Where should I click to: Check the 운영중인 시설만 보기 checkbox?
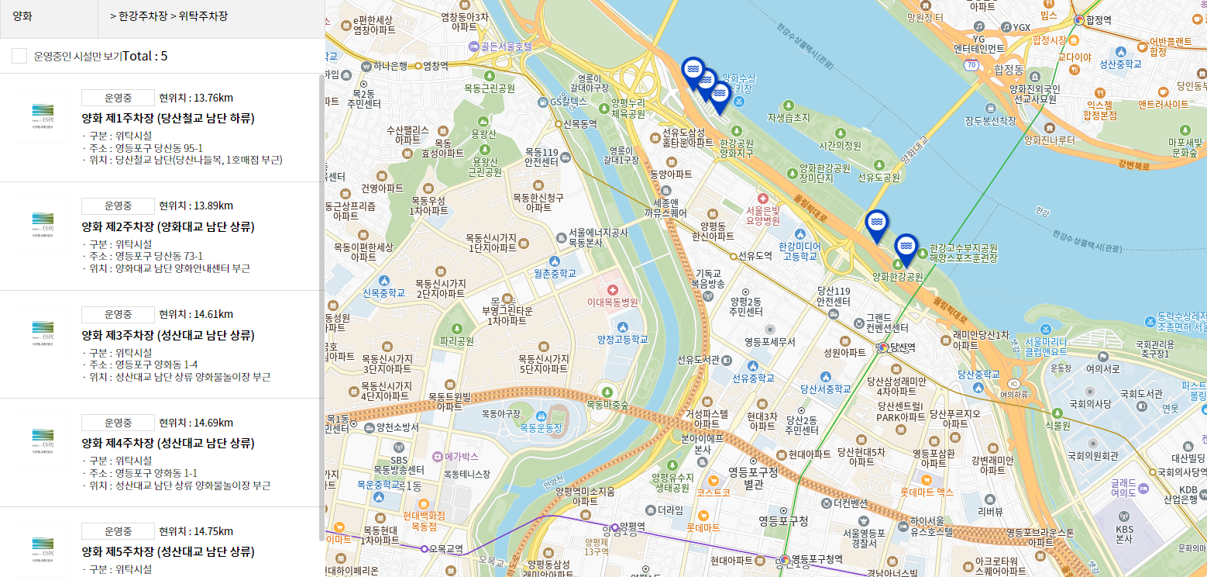tap(19, 56)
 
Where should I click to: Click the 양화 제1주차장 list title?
tap(168, 119)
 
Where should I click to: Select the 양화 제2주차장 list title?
tap(168, 227)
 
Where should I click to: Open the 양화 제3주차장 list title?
tap(168, 336)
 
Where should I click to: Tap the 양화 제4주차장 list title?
tap(168, 444)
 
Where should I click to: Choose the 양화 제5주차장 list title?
tap(168, 552)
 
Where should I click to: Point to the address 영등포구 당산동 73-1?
tap(159, 256)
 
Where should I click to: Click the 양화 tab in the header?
tap(23, 16)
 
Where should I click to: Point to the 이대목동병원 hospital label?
tap(613, 302)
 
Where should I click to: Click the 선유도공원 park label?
tap(879, 178)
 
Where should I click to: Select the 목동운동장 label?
tap(541, 428)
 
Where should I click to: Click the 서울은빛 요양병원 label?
tap(762, 215)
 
